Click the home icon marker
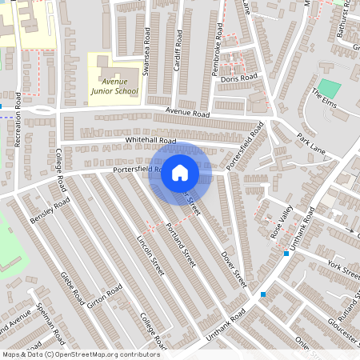(x=180, y=173)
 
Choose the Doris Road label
(x=240, y=78)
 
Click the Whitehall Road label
(x=150, y=140)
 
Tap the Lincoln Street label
(x=150, y=255)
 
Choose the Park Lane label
(x=312, y=143)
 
